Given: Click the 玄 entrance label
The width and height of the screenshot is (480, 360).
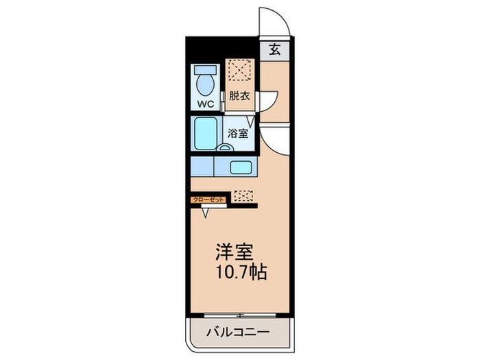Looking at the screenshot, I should pos(274,49).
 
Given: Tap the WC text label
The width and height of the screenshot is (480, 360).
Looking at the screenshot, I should pos(206,104).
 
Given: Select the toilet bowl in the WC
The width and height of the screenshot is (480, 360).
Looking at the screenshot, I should pos(205,86).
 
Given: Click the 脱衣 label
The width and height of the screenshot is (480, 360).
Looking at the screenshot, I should pos(239,97).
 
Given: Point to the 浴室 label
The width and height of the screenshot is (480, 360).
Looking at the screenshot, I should pos(238,134).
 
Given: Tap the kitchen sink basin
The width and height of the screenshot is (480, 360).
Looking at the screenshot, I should pos(240,167).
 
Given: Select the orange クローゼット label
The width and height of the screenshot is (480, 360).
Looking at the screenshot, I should pos(208,198).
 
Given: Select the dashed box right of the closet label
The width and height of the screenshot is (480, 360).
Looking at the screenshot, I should pos(243,195).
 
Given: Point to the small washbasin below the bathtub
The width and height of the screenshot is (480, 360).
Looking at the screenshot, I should pos(224,147).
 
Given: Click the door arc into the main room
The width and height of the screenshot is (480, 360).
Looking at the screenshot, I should pos(276,142).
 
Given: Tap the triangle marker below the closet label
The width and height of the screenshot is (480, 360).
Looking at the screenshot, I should pos(205,213).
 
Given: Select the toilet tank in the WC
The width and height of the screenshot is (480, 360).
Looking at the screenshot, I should pos(204,70).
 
